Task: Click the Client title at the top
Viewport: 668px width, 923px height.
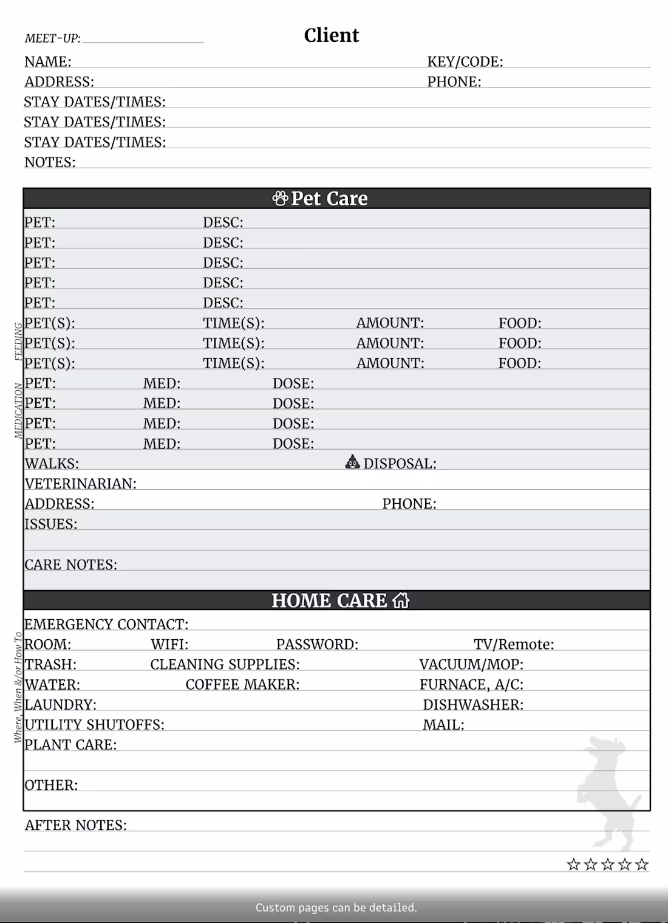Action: [331, 35]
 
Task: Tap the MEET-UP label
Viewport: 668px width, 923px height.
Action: [52, 38]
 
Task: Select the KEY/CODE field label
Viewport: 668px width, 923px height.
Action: [465, 61]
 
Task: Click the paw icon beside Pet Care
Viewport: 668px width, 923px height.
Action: [280, 198]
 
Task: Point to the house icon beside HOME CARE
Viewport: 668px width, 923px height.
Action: [401, 600]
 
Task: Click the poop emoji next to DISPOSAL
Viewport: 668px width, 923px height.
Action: [352, 462]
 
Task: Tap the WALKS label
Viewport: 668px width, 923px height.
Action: [52, 464]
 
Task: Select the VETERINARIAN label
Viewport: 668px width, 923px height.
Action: [80, 484]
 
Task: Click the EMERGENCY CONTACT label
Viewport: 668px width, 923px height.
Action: [106, 624]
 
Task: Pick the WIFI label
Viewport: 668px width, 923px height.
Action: [169, 644]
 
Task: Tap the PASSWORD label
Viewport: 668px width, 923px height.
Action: [317, 644]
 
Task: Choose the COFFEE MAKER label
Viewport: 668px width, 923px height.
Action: [242, 684]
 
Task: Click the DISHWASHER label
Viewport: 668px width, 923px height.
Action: [473, 704]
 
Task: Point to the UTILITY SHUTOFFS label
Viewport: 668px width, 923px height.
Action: [94, 724]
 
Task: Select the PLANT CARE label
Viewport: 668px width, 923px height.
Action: [70, 744]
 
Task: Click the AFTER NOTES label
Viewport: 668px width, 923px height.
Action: [75, 825]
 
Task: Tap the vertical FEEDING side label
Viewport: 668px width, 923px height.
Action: [18, 341]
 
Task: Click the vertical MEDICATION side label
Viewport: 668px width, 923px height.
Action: [18, 411]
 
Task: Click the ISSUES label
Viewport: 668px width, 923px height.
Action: [51, 524]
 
